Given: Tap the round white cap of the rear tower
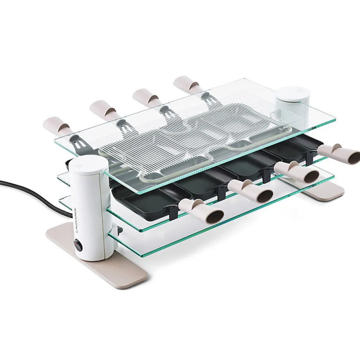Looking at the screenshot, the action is (291, 92).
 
